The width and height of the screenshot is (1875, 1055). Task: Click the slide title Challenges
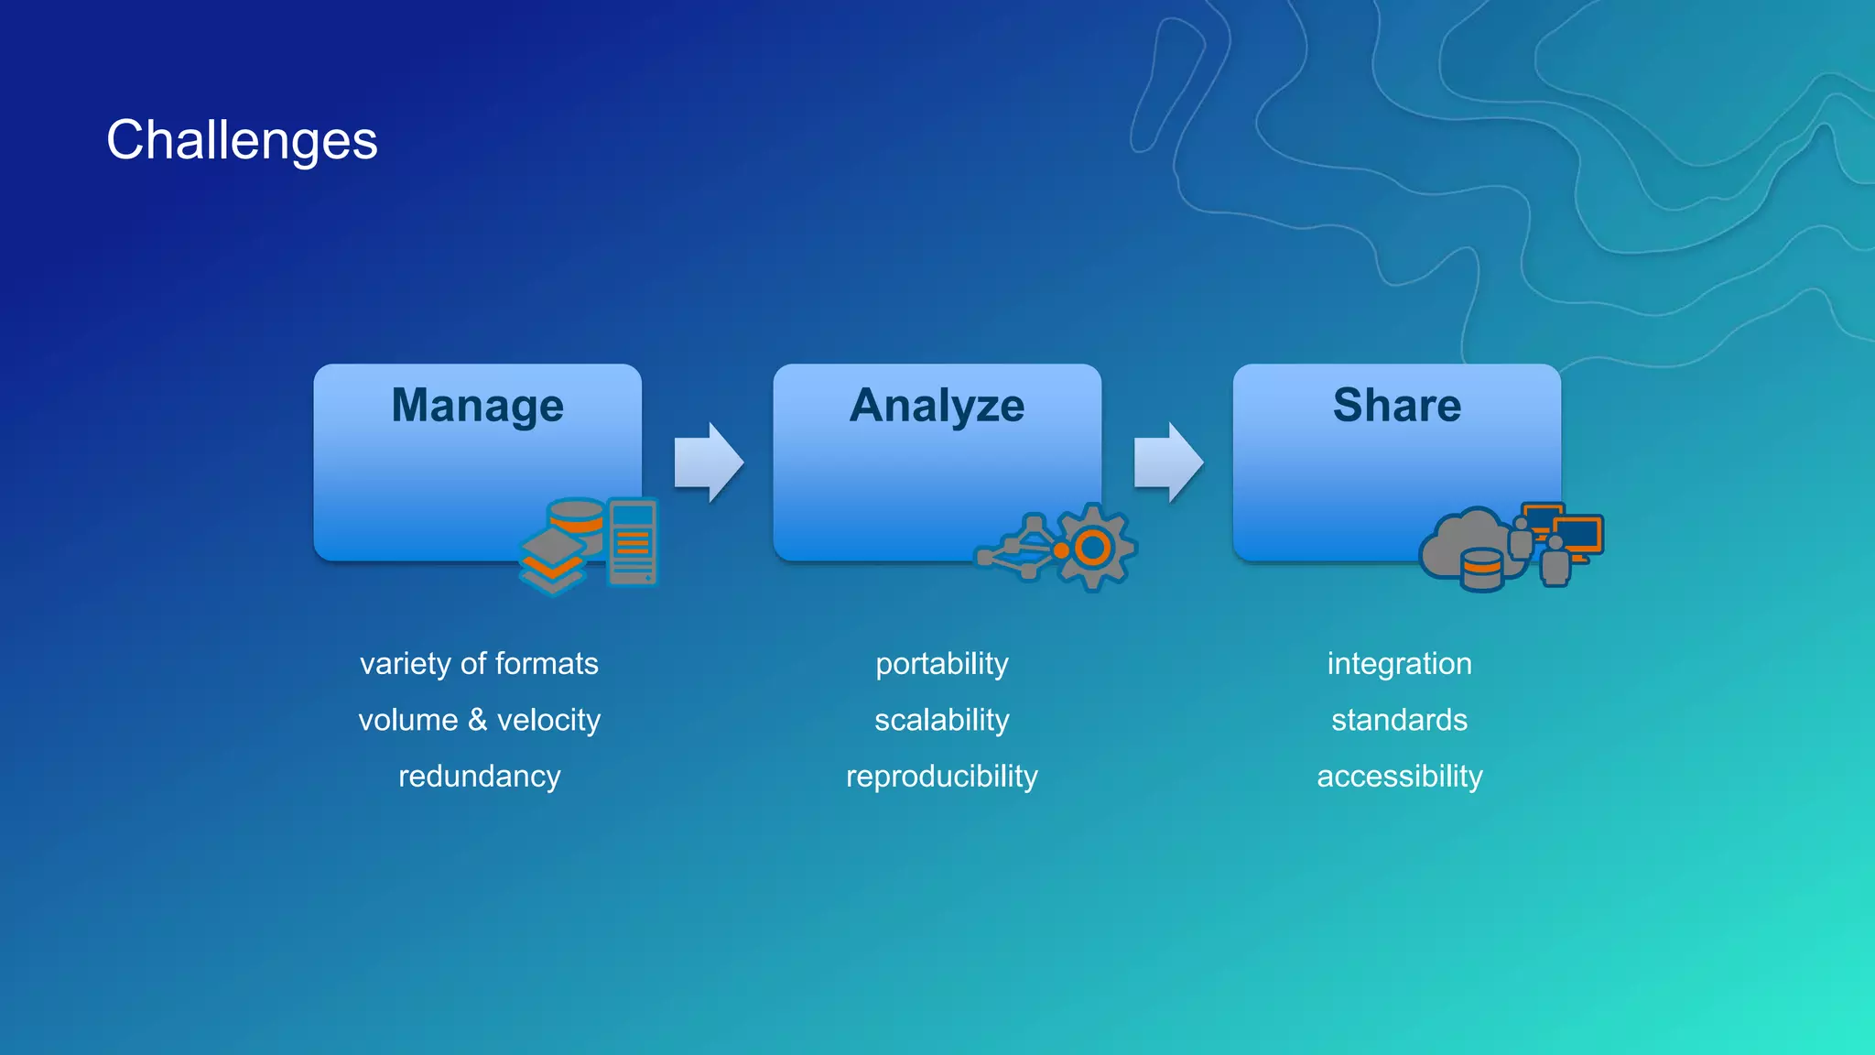pos(242,140)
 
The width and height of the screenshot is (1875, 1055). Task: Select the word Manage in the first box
pos(477,405)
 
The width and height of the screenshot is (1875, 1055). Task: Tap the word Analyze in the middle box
pos(937,405)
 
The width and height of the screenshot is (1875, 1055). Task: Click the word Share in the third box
pos(1397,405)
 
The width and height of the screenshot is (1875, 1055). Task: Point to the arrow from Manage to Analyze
pos(708,462)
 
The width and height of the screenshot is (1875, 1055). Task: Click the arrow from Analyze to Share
pos(1167,462)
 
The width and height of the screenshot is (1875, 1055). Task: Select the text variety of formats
pos(479,663)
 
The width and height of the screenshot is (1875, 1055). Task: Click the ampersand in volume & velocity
pos(477,720)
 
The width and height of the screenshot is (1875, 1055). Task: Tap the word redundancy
pos(479,777)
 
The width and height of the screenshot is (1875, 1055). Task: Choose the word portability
pos(941,663)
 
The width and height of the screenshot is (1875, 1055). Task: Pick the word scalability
pos(941,720)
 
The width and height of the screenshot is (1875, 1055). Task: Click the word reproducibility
pos(941,777)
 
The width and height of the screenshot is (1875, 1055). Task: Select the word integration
pos(1399,663)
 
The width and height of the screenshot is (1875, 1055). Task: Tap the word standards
pos(1399,720)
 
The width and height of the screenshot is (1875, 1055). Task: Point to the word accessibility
pos(1399,777)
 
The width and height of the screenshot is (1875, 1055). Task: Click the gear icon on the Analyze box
pos(1094,547)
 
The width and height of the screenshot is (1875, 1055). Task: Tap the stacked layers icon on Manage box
pos(552,561)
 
